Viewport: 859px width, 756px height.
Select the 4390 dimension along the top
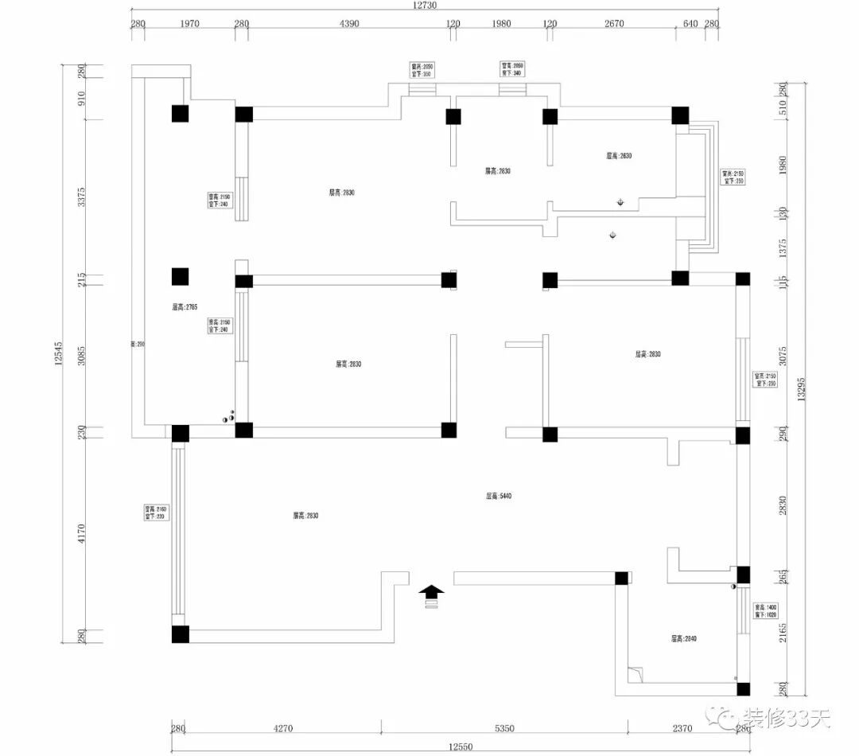350,24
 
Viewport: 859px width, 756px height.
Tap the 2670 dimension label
614,24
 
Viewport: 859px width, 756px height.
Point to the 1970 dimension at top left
189,24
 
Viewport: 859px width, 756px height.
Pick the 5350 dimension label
505,727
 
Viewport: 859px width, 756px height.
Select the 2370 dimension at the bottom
682,727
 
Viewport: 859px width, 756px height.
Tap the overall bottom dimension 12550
461,746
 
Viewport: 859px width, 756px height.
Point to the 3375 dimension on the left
80,197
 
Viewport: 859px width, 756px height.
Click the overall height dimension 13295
801,390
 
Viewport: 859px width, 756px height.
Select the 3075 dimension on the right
782,356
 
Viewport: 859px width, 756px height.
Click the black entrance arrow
432,591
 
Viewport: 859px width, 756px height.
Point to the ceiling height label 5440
499,496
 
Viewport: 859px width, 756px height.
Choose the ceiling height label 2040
683,638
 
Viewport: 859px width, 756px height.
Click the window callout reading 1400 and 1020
765,610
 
